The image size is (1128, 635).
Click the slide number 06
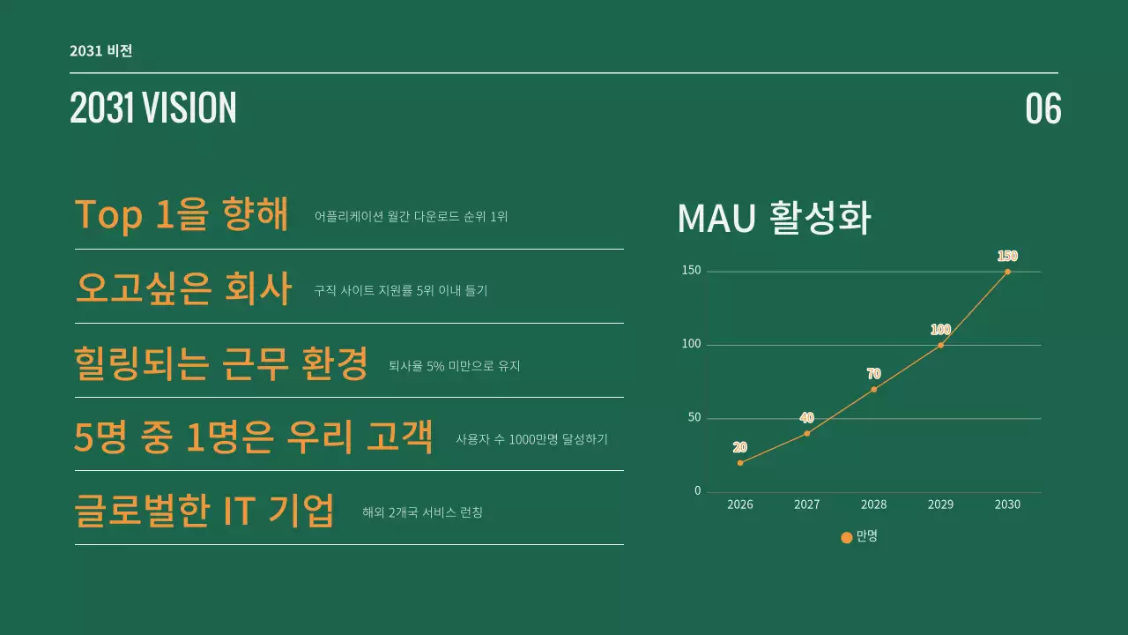coord(1043,108)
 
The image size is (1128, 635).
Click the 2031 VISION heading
coord(153,108)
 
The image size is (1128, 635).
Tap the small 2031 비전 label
coord(101,50)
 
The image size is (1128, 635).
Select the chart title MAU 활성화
coord(774,219)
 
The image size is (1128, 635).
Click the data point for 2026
coord(740,462)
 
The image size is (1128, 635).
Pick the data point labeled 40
coord(806,433)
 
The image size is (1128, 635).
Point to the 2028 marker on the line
coord(873,389)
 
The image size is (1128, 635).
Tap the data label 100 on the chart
coord(940,330)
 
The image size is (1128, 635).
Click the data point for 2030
coord(1007,272)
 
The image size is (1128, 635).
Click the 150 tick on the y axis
coord(692,271)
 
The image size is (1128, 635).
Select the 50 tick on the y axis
coord(694,418)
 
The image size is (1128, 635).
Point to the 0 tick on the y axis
coord(698,491)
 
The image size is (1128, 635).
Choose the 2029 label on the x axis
coord(940,504)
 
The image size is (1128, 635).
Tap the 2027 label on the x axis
coord(806,504)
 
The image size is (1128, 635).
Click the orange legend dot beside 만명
coord(847,537)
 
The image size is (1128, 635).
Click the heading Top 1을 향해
coord(182,214)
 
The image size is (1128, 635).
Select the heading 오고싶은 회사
coord(183,288)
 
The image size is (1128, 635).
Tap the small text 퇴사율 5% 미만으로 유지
coord(455,365)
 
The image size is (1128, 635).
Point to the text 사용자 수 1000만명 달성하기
coord(531,439)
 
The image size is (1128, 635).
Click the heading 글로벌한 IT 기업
coord(204,511)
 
